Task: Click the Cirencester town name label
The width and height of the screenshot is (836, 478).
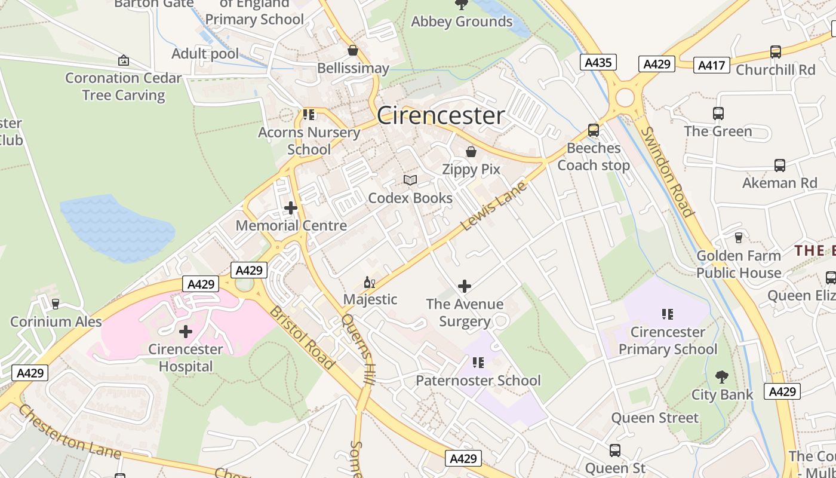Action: coord(441,115)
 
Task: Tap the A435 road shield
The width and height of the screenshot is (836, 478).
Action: coord(598,62)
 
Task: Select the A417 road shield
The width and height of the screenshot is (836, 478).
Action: coord(711,65)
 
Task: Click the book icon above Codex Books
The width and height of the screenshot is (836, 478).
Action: coord(410,180)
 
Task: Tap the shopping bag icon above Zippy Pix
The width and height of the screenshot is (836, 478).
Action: coord(471,152)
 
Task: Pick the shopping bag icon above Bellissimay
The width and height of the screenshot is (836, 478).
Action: coord(353,50)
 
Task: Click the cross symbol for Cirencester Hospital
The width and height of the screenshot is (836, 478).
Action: coord(186,331)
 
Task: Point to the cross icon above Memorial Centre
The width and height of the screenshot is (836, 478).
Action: coord(291,208)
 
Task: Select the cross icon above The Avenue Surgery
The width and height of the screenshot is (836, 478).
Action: coord(465,286)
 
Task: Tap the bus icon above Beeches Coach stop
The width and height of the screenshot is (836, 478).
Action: coord(593,130)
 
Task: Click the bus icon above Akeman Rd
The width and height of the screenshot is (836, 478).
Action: coord(779,166)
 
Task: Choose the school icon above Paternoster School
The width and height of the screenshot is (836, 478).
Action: coord(478,363)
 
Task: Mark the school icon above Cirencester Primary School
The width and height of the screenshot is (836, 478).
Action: coord(668,314)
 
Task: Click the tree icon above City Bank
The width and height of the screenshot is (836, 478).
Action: coord(721,377)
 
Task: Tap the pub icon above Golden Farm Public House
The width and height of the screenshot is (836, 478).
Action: coord(738,237)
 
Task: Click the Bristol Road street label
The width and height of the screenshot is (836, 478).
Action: coord(301,338)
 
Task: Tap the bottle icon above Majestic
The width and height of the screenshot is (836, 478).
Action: coord(370,282)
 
